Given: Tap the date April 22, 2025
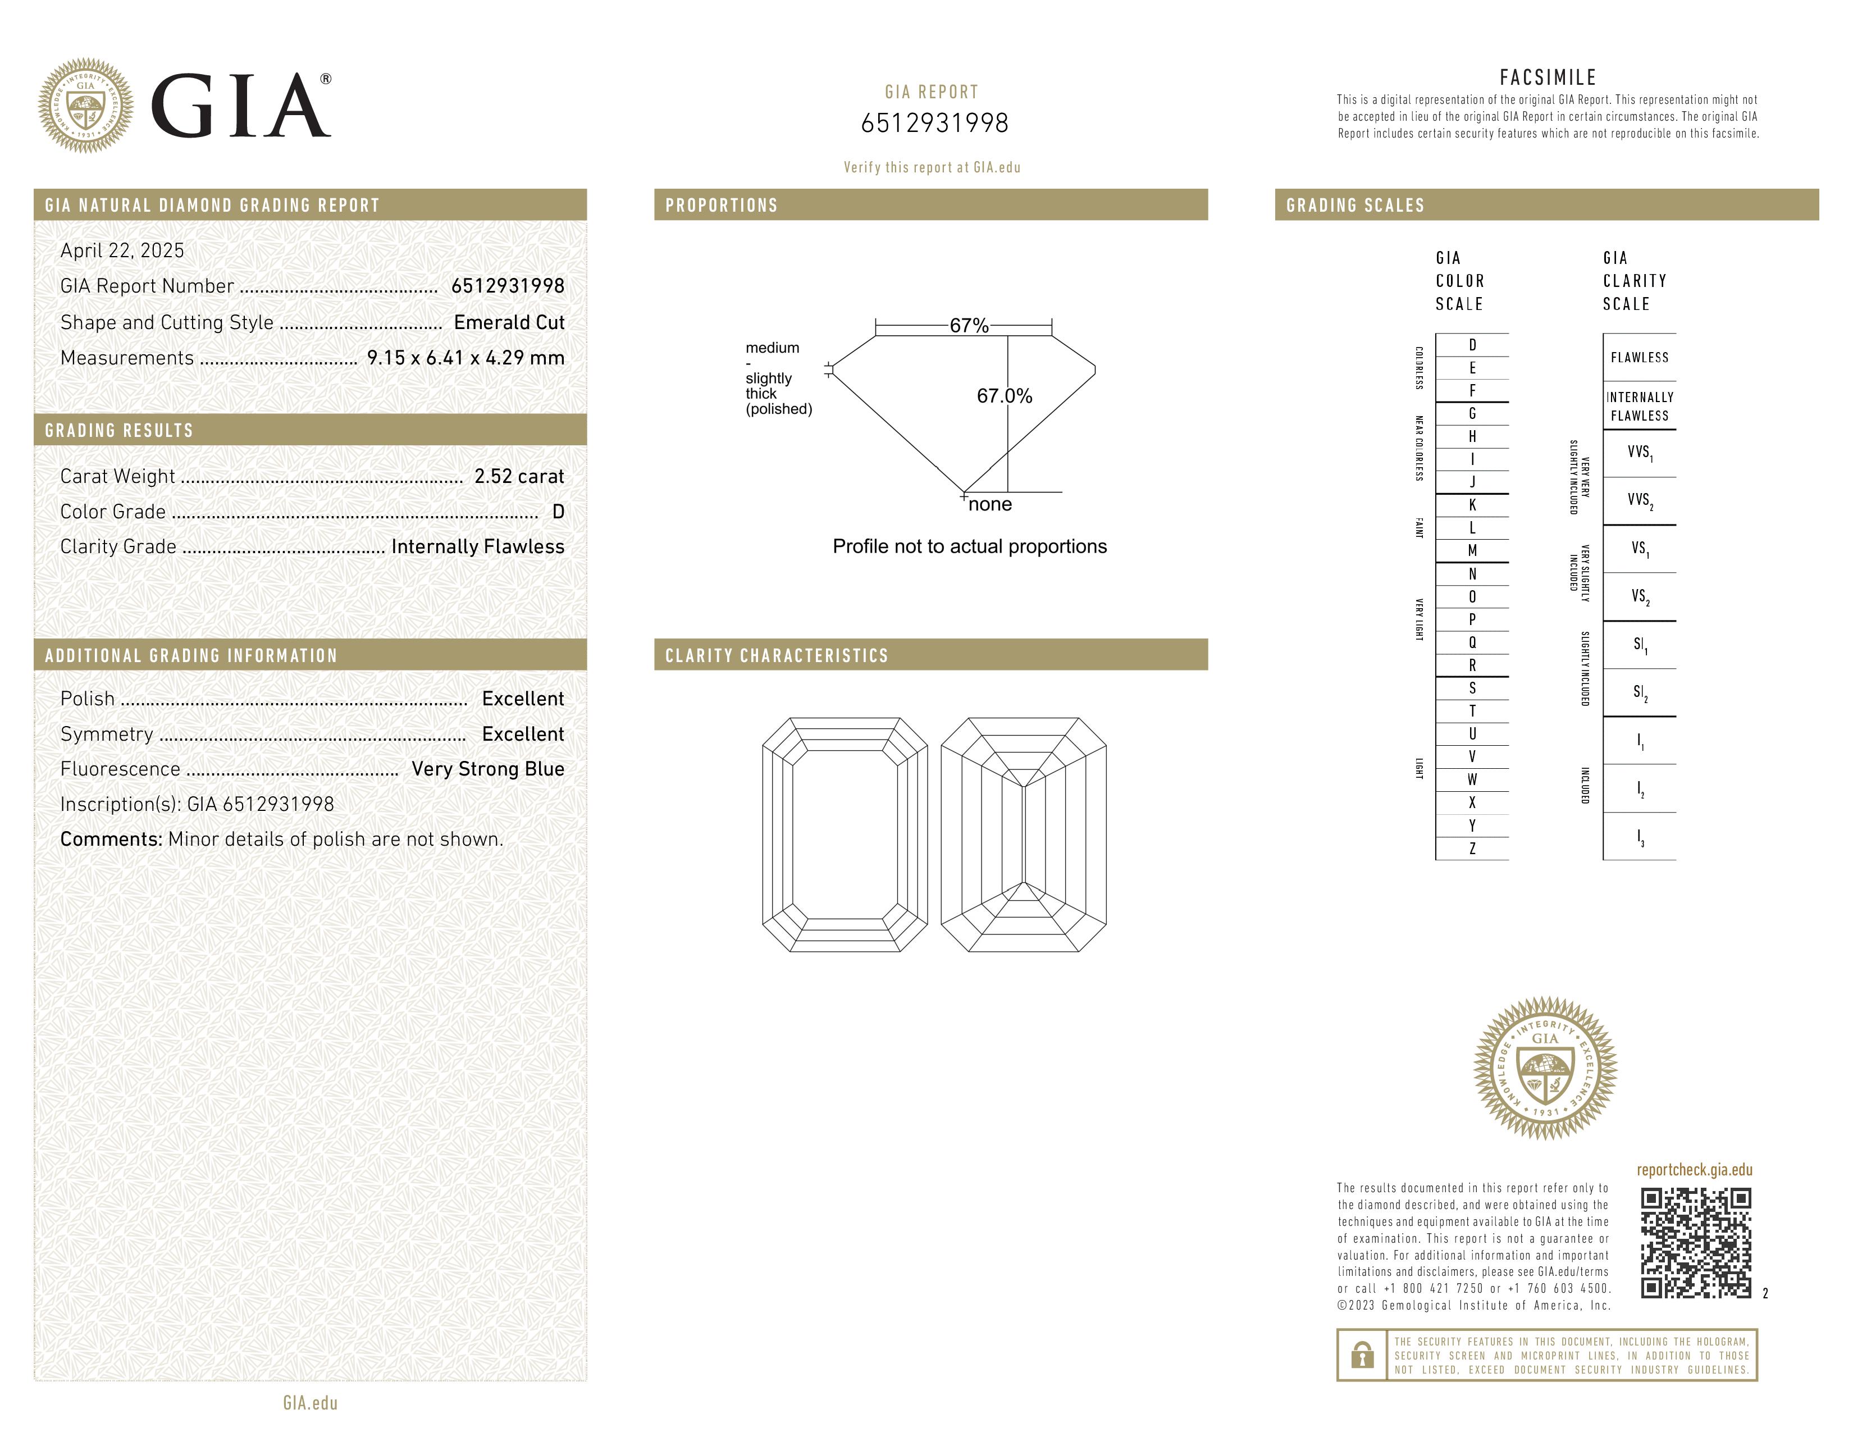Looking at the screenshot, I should pyautogui.click(x=122, y=250).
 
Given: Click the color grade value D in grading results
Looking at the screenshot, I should pyautogui.click(x=558, y=512).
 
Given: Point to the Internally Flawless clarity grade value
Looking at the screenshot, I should pyautogui.click(x=478, y=546).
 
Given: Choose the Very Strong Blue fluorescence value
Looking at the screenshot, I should pyautogui.click(x=488, y=769).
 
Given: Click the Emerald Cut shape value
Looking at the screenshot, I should pyautogui.click(x=509, y=322).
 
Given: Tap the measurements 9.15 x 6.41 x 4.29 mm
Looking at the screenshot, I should pyautogui.click(x=465, y=358).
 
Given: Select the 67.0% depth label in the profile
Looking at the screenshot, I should pyautogui.click(x=1004, y=395).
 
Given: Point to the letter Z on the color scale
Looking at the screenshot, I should pyautogui.click(x=1472, y=849).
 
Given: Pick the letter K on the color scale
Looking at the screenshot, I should pyautogui.click(x=1472, y=505).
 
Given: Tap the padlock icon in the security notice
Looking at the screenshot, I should pyautogui.click(x=1362, y=1355).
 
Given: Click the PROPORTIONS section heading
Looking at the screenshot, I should pyautogui.click(x=721, y=206).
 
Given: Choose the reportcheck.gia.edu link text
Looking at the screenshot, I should pyautogui.click(x=1694, y=1170).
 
